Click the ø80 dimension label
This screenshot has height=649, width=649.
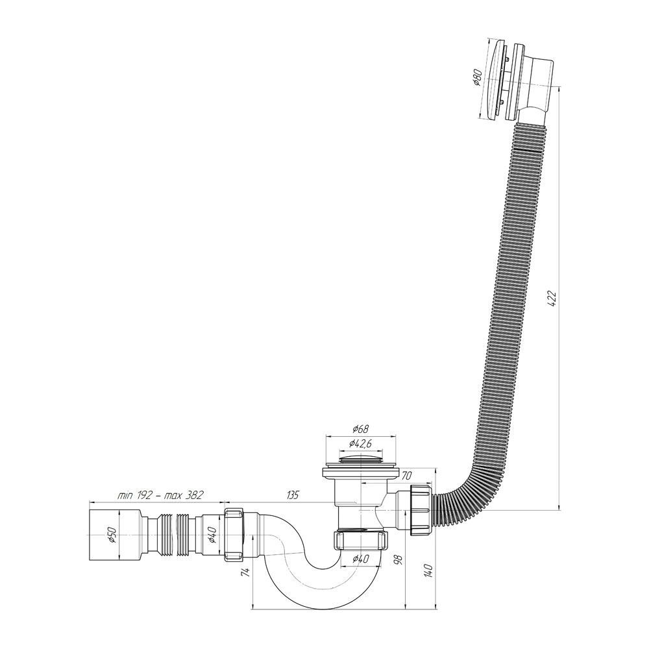pyautogui.click(x=477, y=77)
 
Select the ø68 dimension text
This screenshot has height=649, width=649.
pyautogui.click(x=360, y=429)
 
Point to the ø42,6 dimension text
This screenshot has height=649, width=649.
pyautogui.click(x=360, y=443)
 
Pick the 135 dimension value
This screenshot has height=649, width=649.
pyautogui.click(x=292, y=495)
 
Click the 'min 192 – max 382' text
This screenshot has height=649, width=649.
pyautogui.click(x=160, y=495)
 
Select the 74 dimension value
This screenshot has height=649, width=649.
pyautogui.click(x=245, y=572)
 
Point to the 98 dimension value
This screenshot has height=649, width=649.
pyautogui.click(x=398, y=559)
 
